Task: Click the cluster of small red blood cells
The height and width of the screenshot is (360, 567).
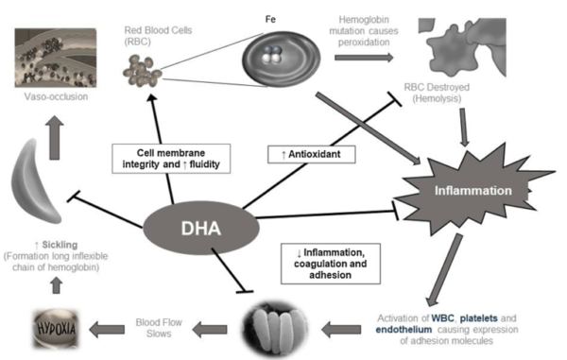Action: tap(145, 67)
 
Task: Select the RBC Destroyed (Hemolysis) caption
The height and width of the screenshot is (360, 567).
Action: tap(438, 101)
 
